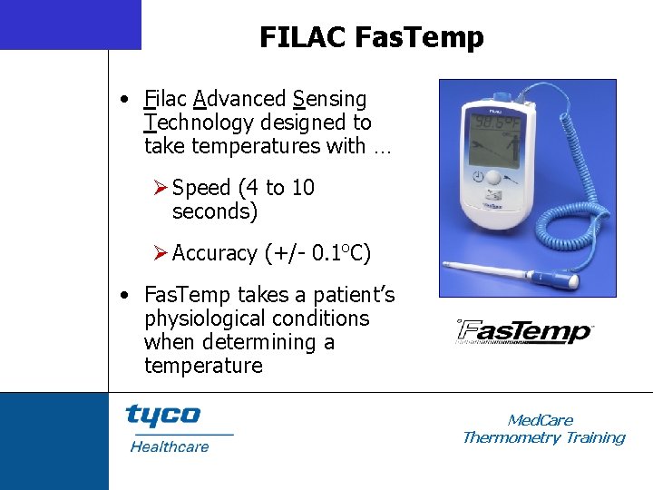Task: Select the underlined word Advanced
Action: click(x=239, y=99)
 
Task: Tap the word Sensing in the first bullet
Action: click(x=330, y=99)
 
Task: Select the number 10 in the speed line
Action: click(x=303, y=188)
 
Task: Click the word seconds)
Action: click(x=215, y=211)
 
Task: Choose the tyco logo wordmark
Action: click(x=162, y=416)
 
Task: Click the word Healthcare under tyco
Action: click(x=170, y=446)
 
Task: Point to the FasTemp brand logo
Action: click(x=524, y=332)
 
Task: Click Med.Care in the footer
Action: click(x=541, y=420)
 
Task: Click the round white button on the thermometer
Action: click(x=495, y=179)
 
